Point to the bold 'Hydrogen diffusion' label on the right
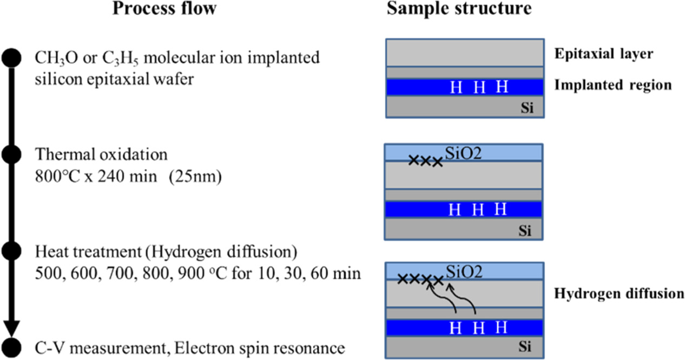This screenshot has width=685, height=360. click(619, 294)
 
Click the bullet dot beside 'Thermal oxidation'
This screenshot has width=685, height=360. click(11, 155)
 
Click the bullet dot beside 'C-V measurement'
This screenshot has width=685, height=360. click(11, 346)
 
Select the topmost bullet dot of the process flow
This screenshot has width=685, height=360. click(11, 57)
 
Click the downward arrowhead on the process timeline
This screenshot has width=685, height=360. click(11, 327)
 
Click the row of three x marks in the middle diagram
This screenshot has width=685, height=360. click(425, 161)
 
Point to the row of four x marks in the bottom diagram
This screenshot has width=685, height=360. click(420, 279)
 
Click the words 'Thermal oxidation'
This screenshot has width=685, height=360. click(101, 155)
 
